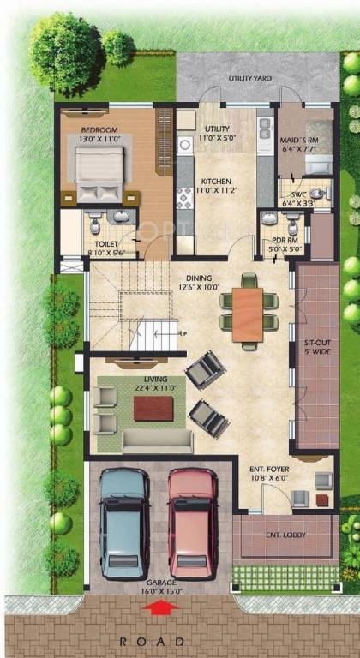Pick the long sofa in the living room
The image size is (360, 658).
pos(158,441)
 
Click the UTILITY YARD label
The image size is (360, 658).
pos(249,79)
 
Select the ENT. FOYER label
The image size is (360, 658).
pos(268,470)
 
